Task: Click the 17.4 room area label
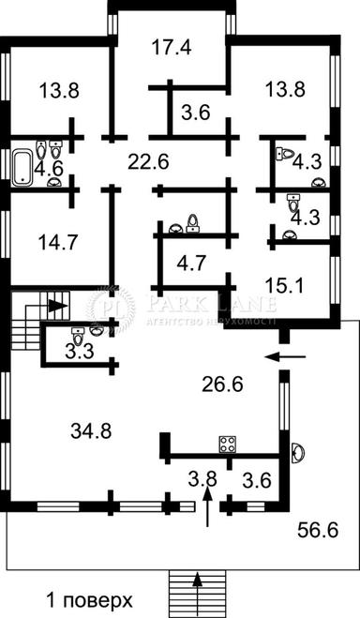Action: click(x=172, y=48)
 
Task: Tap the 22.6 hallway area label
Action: click(x=148, y=161)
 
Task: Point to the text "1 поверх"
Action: click(x=90, y=598)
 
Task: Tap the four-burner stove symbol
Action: click(x=227, y=444)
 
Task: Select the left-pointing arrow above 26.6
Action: click(x=279, y=356)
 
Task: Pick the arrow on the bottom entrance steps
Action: click(x=198, y=581)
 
